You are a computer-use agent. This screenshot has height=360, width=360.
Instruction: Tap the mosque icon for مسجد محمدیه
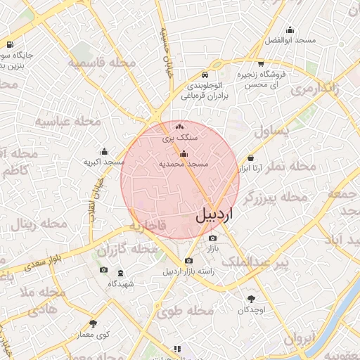(x=184, y=154)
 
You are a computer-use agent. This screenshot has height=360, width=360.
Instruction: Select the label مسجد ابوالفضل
(x=290, y=40)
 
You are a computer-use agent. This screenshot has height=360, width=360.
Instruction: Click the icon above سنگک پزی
(x=180, y=127)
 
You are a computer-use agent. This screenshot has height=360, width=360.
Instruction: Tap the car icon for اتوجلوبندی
(x=204, y=75)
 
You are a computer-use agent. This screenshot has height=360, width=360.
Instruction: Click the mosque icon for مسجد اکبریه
(x=104, y=151)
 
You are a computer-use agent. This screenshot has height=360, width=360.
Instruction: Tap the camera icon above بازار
(x=212, y=238)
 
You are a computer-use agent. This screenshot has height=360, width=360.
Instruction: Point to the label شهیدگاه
(x=121, y=284)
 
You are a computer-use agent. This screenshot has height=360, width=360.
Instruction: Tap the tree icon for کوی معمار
(x=93, y=323)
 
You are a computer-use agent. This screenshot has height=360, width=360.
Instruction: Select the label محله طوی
(x=185, y=311)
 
